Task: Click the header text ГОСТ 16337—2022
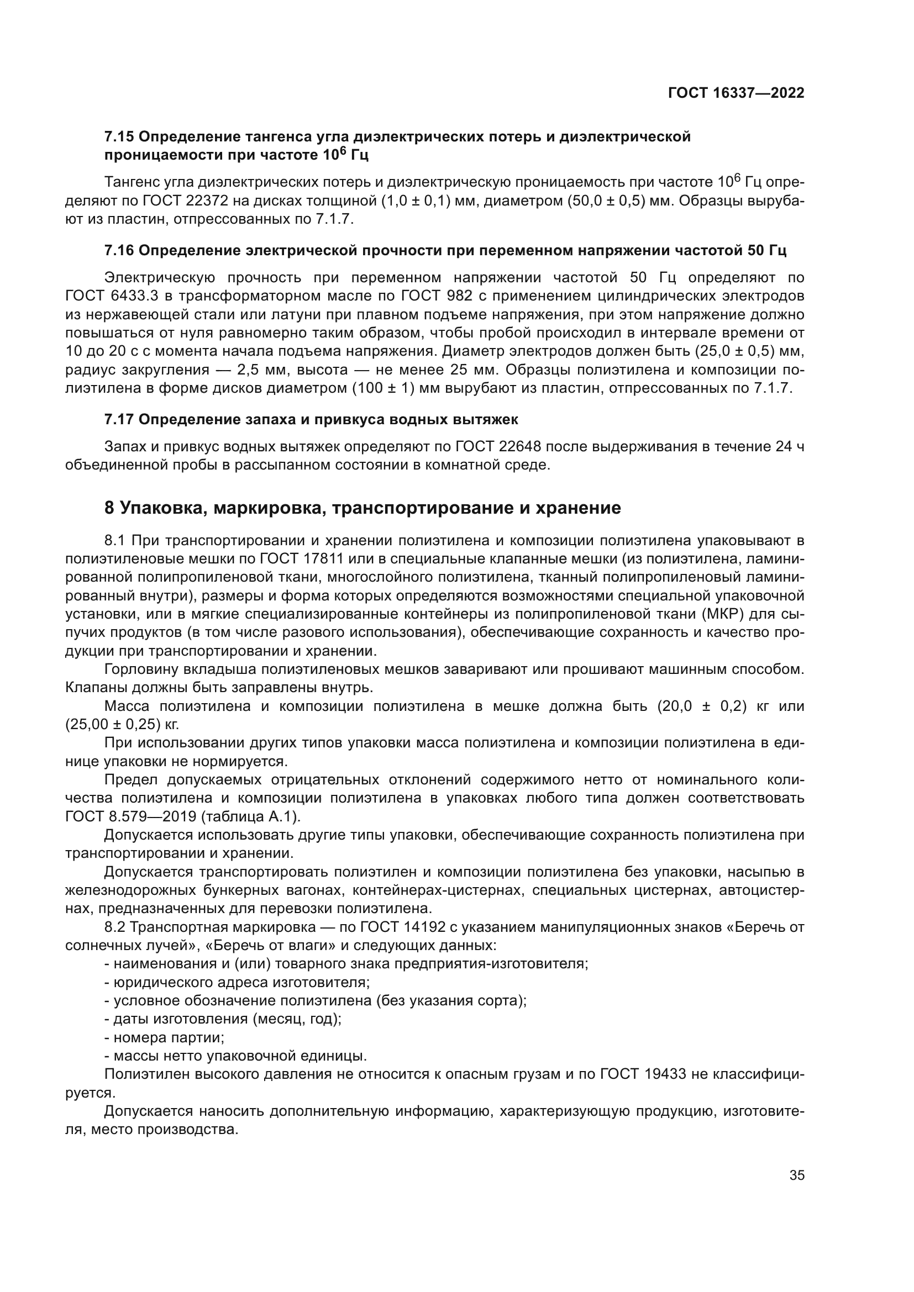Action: [736, 93]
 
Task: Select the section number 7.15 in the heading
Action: [119, 137]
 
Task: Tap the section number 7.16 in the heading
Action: [119, 250]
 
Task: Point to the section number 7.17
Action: [119, 419]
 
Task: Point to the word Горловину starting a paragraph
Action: [144, 669]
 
